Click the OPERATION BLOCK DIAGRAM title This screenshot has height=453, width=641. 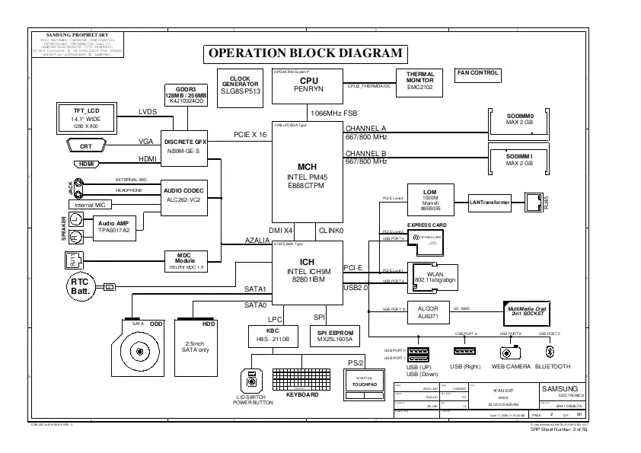(305, 53)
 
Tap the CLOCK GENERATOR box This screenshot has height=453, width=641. (240, 84)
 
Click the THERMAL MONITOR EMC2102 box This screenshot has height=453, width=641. (419, 81)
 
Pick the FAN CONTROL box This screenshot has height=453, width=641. (477, 74)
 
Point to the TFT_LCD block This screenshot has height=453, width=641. (86, 119)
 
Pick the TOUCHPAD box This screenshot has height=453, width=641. (364, 383)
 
